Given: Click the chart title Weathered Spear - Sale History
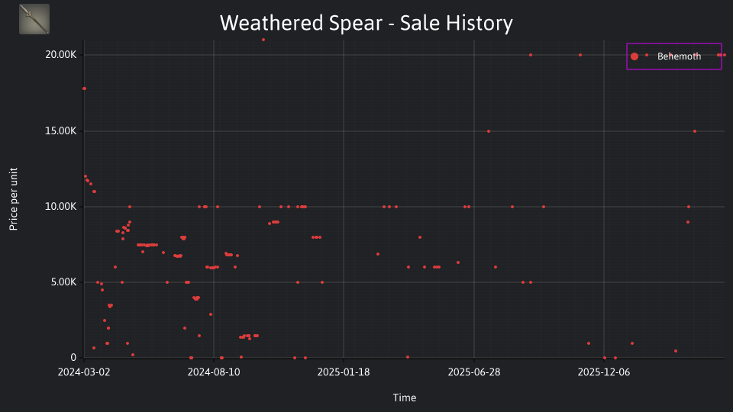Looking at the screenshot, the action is click(x=366, y=23).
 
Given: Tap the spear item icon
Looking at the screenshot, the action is click(x=34, y=19).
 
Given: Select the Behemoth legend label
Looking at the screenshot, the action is click(x=679, y=56).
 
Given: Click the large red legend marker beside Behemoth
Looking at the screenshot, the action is click(x=635, y=56).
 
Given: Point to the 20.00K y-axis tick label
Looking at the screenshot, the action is click(x=61, y=55).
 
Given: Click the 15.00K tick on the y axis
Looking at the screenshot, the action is click(x=61, y=130).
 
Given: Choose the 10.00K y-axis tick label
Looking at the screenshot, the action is click(x=61, y=207).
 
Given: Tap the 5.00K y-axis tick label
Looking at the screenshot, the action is click(x=63, y=282).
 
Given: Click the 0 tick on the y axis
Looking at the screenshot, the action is click(x=73, y=357).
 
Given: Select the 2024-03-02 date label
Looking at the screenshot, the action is click(x=84, y=372).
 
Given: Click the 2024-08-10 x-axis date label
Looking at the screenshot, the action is click(x=214, y=372).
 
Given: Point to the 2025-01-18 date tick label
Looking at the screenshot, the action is click(x=344, y=372).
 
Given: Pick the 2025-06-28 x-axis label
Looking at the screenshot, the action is click(x=474, y=372).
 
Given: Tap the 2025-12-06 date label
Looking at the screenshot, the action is click(x=604, y=372).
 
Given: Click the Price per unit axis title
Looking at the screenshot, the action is click(x=13, y=199).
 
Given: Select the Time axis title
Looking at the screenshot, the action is click(x=405, y=398).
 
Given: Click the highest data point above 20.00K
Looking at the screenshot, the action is click(x=263, y=40).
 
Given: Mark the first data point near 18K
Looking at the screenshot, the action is click(x=84, y=89).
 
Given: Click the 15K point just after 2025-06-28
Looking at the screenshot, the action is click(x=489, y=131).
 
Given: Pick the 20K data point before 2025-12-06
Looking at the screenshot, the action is click(x=580, y=55).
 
